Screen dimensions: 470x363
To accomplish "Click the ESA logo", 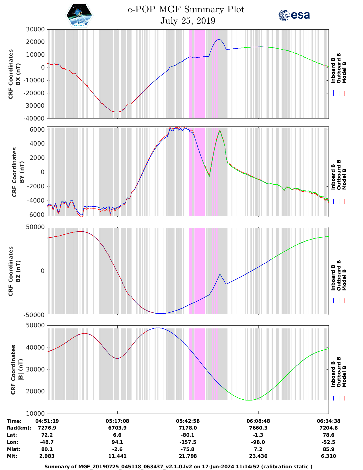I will (294, 15).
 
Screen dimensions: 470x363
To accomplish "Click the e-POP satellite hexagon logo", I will (79, 15).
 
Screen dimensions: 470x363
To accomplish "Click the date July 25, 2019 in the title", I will (188, 21).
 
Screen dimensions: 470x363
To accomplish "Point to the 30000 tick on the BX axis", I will (35, 29).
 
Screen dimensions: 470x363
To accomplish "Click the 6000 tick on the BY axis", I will (37, 130).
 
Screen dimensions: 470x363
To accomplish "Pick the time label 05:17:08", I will (117, 421).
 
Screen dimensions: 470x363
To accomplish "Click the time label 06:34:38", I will (329, 421).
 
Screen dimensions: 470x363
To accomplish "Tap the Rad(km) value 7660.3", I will (258, 428).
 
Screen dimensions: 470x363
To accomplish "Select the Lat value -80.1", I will (188, 435).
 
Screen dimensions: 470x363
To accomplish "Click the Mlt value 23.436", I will (258, 456).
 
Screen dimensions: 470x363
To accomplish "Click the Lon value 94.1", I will (117, 442).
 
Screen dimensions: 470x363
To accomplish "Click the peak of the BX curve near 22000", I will (219, 39).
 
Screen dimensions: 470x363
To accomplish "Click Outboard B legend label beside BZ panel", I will (339, 275).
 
